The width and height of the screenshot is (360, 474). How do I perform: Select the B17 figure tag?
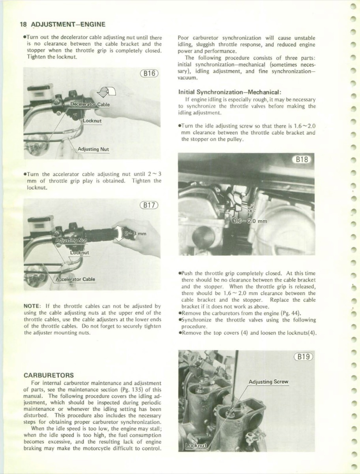pos(149,205)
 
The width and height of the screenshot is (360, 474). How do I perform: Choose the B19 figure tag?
pos(303,357)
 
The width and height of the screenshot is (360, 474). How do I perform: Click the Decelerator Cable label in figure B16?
pos(90,104)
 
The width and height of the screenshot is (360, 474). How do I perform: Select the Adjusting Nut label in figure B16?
pos(93,149)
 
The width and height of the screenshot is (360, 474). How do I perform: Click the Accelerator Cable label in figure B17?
pos(75,279)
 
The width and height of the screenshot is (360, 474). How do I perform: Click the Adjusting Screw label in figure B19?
pos(268,382)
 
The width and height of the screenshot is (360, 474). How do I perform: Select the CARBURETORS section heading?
pos(49,374)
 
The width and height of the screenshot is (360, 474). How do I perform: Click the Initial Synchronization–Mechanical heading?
pos(224,91)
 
